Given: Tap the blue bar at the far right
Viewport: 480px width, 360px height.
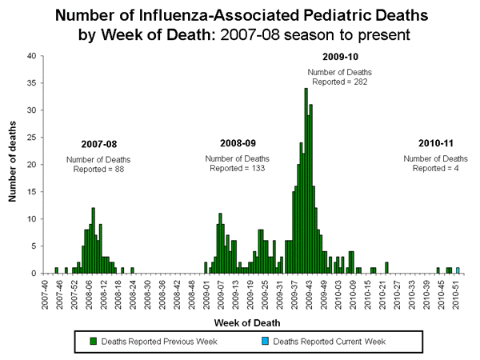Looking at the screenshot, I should [x=458, y=270].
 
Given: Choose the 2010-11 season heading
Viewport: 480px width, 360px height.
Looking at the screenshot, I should [x=437, y=143].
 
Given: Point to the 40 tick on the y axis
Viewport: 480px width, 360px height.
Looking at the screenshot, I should [x=31, y=55].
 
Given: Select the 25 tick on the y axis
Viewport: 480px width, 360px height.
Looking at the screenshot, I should [x=31, y=137].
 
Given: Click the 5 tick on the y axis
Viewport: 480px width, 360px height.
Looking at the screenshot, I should [x=34, y=246].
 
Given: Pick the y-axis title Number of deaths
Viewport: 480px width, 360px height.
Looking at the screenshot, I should [x=14, y=164].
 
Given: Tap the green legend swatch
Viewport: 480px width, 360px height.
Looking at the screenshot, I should [x=93, y=341].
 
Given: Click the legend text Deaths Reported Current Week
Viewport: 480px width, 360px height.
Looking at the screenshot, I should [x=329, y=341].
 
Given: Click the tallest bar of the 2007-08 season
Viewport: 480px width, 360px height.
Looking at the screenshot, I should [x=94, y=241].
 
